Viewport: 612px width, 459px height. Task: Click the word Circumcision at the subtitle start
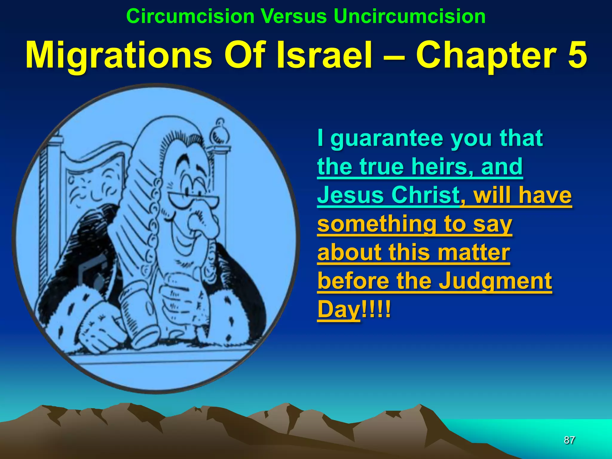190,16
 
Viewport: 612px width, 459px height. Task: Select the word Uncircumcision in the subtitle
409,16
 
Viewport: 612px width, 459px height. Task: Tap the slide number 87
569,440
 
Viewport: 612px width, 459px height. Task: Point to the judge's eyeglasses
191,199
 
